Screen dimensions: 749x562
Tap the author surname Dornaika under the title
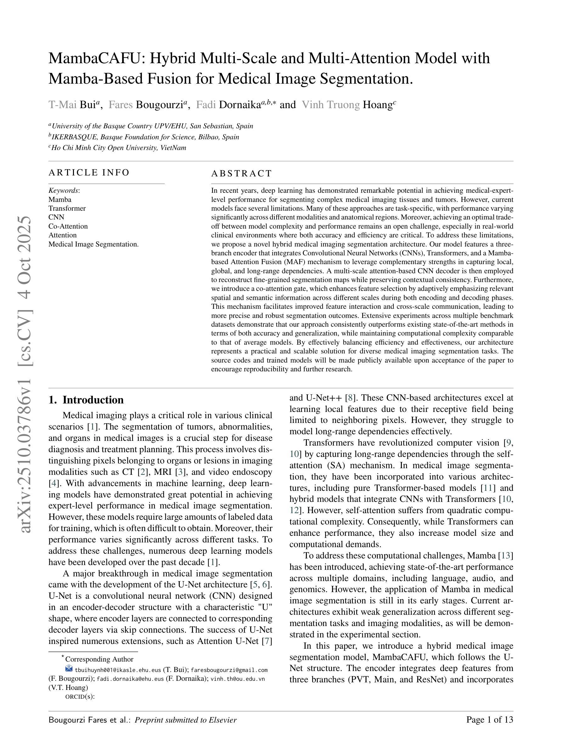coord(239,105)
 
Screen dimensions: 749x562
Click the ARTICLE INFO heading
coord(89,172)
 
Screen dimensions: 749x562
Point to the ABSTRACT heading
coord(242,173)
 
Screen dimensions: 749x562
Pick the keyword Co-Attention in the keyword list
coord(68,226)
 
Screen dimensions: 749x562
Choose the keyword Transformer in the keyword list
coord(67,208)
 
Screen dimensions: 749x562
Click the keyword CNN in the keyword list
coord(56,217)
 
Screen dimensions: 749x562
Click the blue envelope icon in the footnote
coord(69,668)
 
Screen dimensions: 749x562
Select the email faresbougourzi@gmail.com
coord(229,670)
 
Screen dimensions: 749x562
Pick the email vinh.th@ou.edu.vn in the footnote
coord(238,679)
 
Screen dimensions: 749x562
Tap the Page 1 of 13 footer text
coord(490,720)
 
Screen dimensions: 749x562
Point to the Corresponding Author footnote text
coord(99,659)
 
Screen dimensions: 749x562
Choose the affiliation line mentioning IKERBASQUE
coord(145,137)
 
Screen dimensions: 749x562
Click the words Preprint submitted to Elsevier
coord(186,720)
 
